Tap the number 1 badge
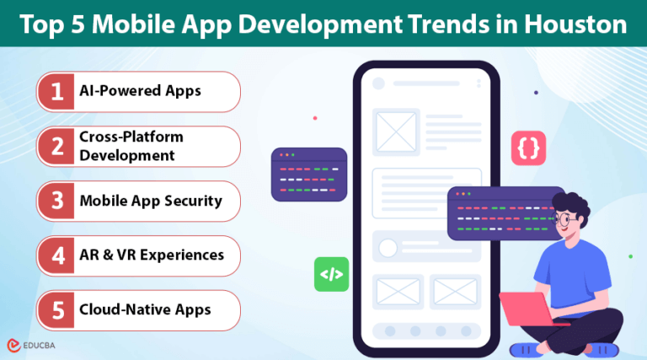[57, 92]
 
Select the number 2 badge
[57, 146]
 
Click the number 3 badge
[57, 201]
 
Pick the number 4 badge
[57, 255]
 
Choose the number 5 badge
[57, 309]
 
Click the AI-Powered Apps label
[140, 92]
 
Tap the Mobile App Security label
[151, 201]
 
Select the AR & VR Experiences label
[152, 255]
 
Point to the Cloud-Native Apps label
[145, 309]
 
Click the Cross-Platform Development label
[131, 146]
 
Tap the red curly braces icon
[528, 148]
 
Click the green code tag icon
[331, 275]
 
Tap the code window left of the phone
[309, 175]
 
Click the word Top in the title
[42, 24]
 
